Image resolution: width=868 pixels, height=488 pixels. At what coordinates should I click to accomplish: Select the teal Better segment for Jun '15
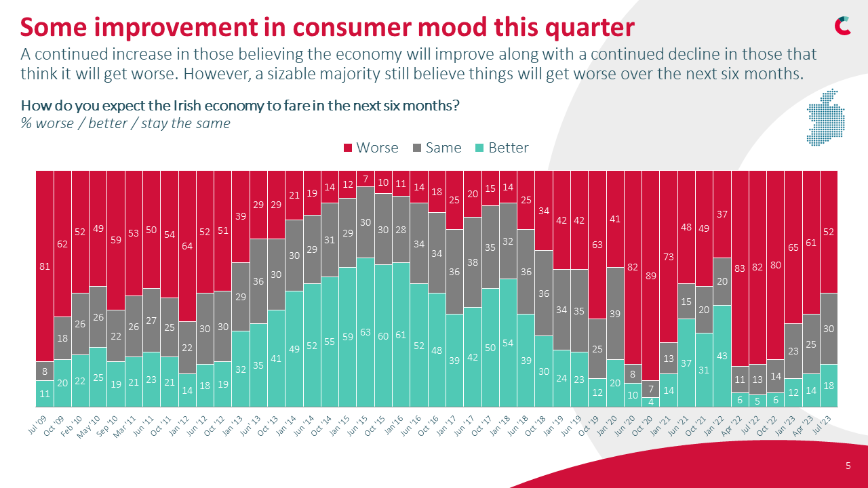point(366,332)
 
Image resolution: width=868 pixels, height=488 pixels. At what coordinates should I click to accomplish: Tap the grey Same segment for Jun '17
point(473,262)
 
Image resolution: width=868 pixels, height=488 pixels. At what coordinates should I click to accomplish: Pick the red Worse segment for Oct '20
point(651,275)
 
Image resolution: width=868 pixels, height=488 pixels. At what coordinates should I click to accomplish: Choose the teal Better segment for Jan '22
point(722,356)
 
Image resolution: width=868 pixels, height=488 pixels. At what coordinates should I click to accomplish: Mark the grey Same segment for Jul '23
point(829,328)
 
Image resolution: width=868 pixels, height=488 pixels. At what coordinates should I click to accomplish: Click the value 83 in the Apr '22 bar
point(740,268)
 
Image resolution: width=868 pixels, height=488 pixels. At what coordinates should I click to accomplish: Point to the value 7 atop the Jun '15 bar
point(366,180)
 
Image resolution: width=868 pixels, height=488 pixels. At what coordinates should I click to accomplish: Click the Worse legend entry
point(371,148)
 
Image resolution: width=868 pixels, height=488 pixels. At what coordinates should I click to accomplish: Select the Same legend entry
point(437,148)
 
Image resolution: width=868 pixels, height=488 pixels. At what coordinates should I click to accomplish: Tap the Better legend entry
point(501,148)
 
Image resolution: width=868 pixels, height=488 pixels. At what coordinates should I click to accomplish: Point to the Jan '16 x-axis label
point(397,425)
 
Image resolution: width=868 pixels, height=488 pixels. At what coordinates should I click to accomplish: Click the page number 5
point(848,466)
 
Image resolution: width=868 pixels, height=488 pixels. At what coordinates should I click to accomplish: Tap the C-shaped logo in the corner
point(843,25)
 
